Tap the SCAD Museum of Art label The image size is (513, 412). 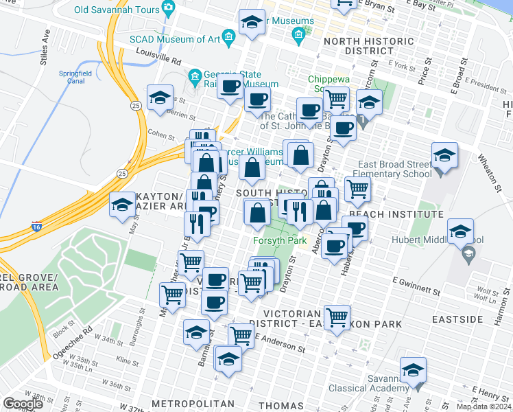point(176,38)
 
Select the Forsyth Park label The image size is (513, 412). point(279,240)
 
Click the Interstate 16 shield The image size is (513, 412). point(36,225)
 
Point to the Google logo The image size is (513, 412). point(23,404)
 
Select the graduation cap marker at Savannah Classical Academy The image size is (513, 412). point(413,370)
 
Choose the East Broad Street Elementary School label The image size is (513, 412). point(388,170)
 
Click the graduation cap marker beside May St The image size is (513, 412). point(123,204)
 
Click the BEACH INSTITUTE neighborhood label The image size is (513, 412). point(386,214)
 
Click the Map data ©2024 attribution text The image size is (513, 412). point(484,407)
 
